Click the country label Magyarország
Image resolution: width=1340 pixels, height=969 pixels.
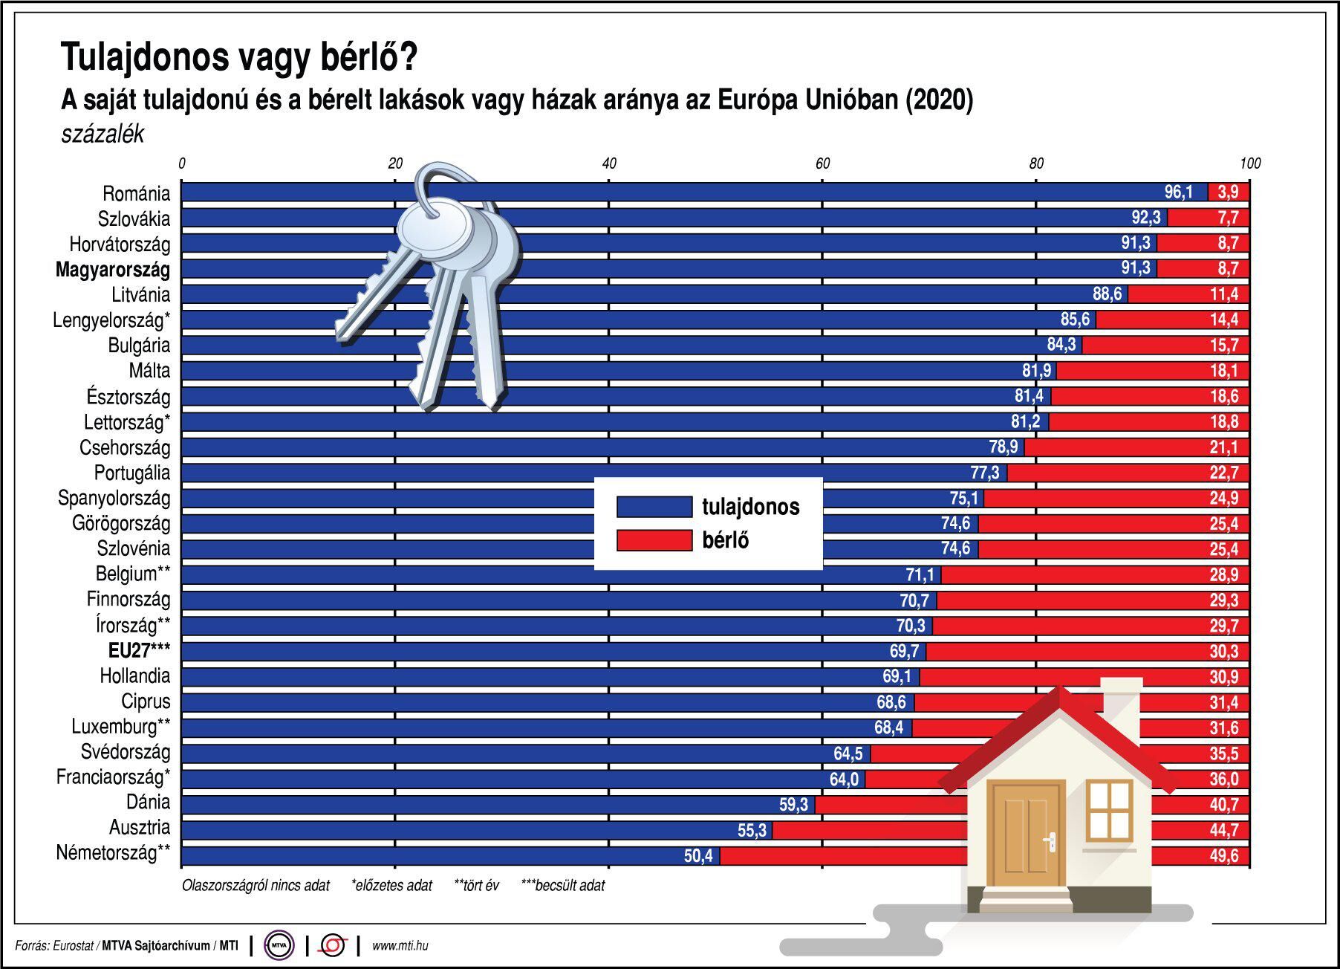(113, 270)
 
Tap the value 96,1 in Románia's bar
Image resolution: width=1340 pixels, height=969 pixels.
(1178, 192)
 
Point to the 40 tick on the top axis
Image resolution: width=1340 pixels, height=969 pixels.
(609, 163)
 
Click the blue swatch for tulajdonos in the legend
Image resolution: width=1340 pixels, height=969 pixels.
(654, 507)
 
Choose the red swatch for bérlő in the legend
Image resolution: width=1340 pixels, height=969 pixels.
(654, 540)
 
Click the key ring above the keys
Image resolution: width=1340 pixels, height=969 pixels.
(446, 186)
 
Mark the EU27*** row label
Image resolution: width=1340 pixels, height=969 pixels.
(140, 652)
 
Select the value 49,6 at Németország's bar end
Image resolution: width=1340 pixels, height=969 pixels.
(1224, 856)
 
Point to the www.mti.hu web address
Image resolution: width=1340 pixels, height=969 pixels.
(400, 946)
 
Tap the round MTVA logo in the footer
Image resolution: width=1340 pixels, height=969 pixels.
(279, 946)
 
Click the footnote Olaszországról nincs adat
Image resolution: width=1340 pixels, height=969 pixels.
(256, 886)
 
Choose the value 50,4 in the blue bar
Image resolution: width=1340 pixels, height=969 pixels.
(698, 856)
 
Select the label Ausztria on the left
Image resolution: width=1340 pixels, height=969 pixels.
(140, 828)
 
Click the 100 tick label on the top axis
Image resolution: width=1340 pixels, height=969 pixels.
(1250, 163)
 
